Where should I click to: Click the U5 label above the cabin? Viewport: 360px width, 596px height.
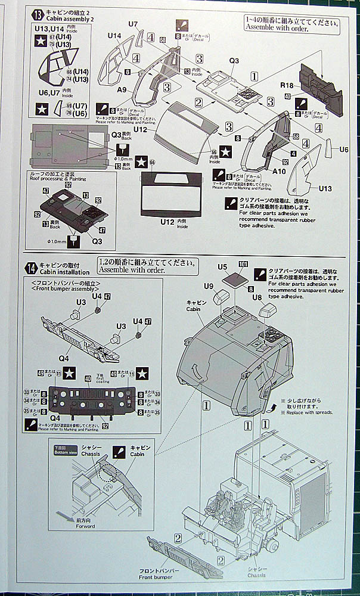[x=223, y=266]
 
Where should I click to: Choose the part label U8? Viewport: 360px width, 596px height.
[x=257, y=296]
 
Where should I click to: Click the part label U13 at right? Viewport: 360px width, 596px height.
[x=324, y=189]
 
